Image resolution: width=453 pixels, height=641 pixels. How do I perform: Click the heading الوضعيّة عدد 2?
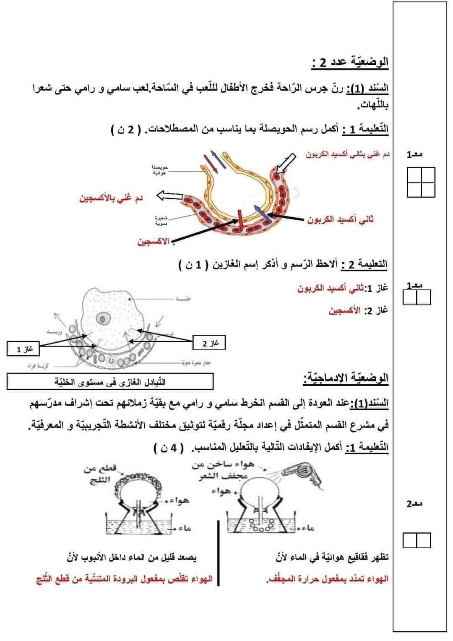coord(350,63)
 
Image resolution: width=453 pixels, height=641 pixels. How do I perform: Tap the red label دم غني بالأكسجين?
coord(111,198)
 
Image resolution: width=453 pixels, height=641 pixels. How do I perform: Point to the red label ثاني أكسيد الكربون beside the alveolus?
coord(340,219)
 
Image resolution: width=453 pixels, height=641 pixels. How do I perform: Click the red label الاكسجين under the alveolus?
coord(153,242)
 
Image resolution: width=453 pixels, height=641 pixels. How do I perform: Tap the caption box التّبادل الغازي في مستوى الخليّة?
coord(110,382)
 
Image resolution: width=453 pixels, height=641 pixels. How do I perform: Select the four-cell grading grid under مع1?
coord(421,182)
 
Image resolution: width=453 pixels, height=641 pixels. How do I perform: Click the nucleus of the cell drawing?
coord(101,319)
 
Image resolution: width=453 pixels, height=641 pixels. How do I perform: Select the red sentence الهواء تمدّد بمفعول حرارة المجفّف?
coord(328,579)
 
